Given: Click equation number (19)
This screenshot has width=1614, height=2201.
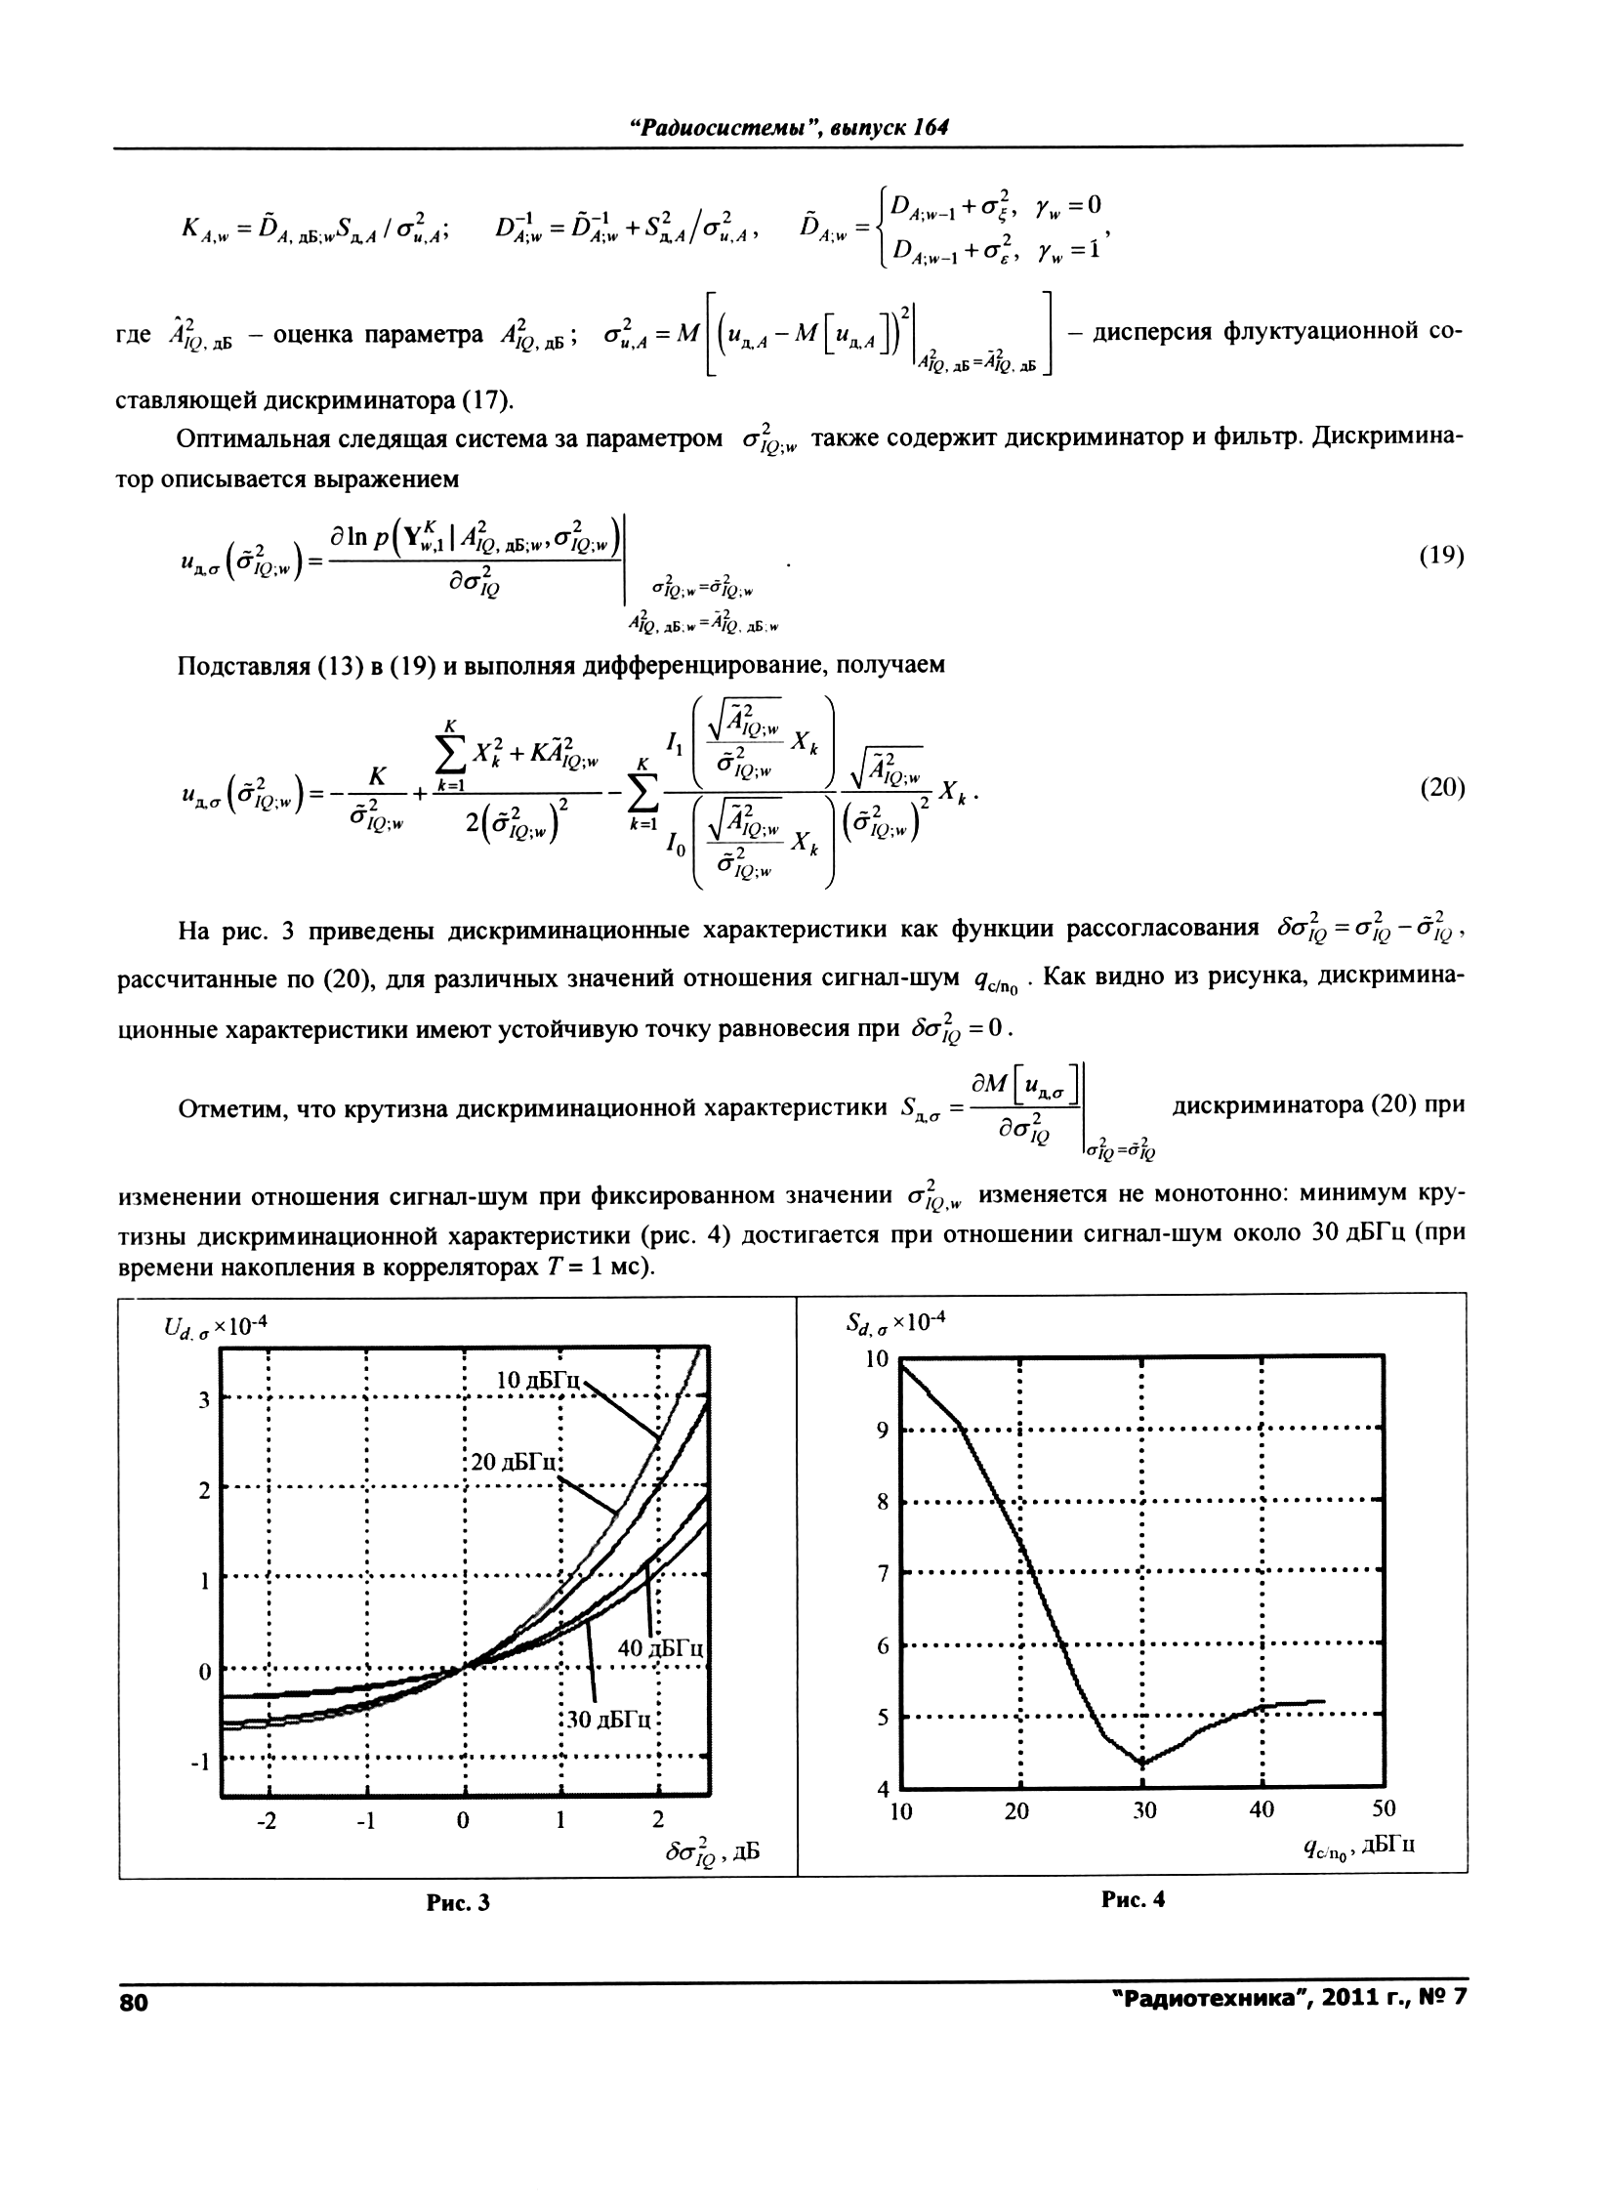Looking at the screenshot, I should click(x=1441, y=556).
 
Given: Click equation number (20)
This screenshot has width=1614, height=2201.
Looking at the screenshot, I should click(x=1441, y=788).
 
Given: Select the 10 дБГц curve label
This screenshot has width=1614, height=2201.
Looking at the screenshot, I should click(x=538, y=1381).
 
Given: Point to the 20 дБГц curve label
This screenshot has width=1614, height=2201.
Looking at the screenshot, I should click(x=514, y=1462).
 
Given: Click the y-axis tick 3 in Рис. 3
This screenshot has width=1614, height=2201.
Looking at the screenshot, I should click(x=204, y=1400).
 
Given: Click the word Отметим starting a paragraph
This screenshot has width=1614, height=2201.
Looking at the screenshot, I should click(x=225, y=1110).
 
